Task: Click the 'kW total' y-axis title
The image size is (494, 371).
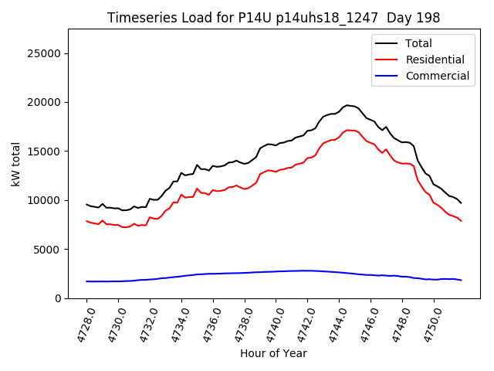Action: [15, 164]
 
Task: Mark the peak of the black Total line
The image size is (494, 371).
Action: [347, 105]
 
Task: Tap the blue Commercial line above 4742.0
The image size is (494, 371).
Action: [307, 271]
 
